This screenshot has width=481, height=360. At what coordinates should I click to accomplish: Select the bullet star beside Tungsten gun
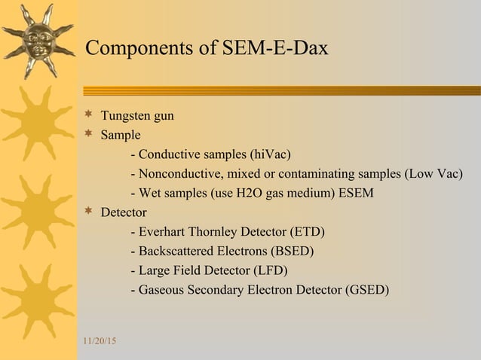[x=88, y=115]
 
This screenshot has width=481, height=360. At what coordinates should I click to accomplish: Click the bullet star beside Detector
[x=88, y=212]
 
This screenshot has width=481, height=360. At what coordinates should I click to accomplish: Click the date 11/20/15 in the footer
[x=99, y=343]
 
